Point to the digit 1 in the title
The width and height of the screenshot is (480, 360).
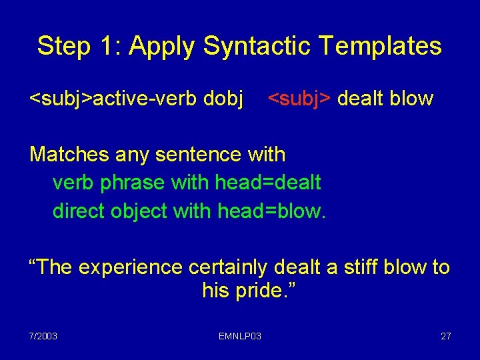[109, 46]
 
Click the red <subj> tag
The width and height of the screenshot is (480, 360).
[299, 99]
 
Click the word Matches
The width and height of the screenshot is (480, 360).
[69, 155]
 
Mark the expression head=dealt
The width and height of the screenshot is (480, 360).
[269, 182]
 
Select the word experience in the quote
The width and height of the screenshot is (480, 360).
[131, 267]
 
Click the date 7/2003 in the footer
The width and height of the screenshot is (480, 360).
[43, 336]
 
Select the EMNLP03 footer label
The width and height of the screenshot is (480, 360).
[240, 336]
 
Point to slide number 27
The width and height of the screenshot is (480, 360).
[445, 336]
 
